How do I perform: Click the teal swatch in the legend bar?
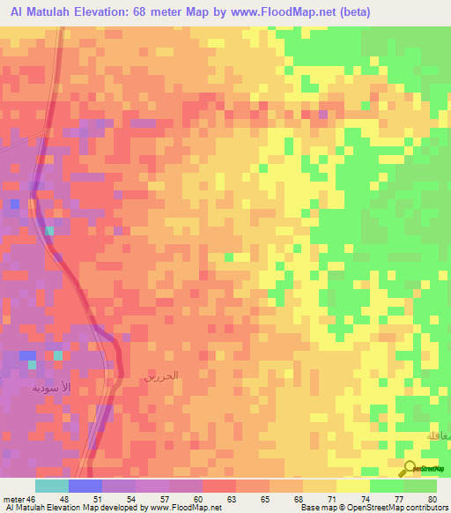click(52, 486)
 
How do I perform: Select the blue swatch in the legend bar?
click(85, 486)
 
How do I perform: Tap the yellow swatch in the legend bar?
click(352, 486)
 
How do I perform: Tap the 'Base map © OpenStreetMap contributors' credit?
click(373, 508)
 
